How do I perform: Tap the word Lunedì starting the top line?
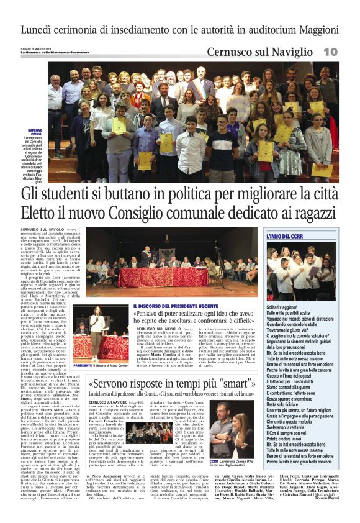(x=40, y=29)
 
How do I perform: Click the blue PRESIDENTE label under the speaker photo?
(x=82, y=366)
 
